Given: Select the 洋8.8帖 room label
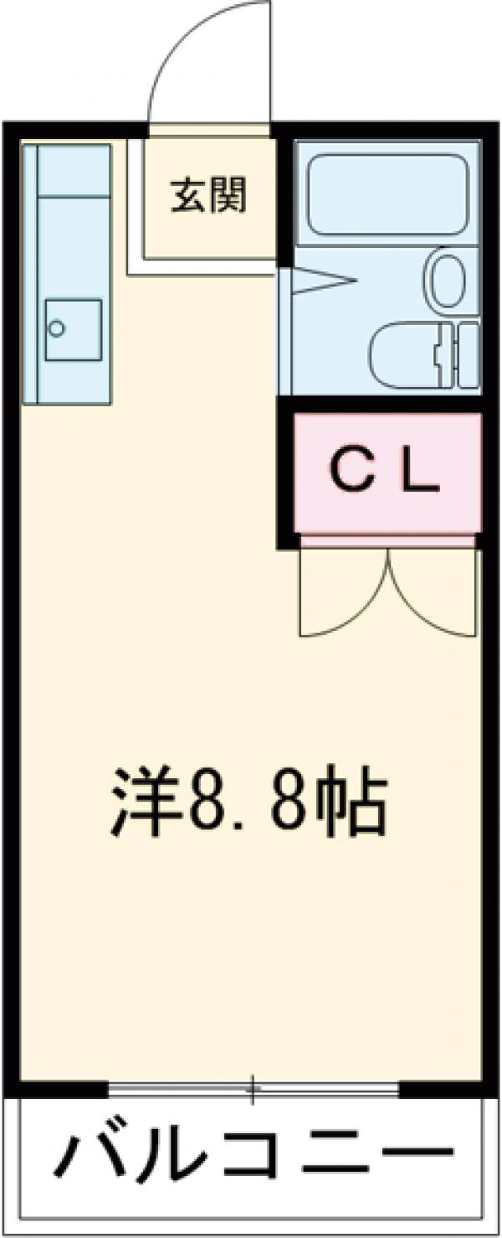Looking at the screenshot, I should click(248, 802).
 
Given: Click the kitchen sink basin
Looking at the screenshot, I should click(74, 329).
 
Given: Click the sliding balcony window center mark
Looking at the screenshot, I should click(251, 1090).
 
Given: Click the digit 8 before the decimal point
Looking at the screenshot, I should click(206, 802).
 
